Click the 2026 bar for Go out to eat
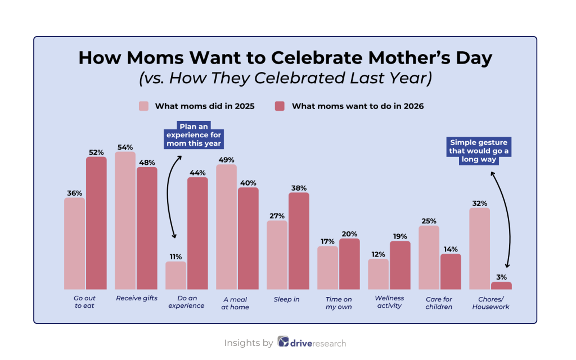[x=96, y=223]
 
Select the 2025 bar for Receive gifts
[x=125, y=220]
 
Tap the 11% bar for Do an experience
[x=175, y=275]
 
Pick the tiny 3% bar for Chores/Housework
[x=501, y=285]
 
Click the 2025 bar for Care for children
[x=429, y=257]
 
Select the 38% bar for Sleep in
[x=299, y=241]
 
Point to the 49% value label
[x=227, y=159]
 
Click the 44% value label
[x=197, y=172]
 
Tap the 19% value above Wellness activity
[x=400, y=236]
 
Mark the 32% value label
[x=480, y=203]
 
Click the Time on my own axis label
[x=339, y=303]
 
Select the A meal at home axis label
[x=236, y=303]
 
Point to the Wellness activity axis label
[x=389, y=303]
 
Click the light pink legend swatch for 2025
[x=144, y=106]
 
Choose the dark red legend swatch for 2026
[x=280, y=106]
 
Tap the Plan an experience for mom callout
[x=193, y=135]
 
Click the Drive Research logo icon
[x=283, y=343]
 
